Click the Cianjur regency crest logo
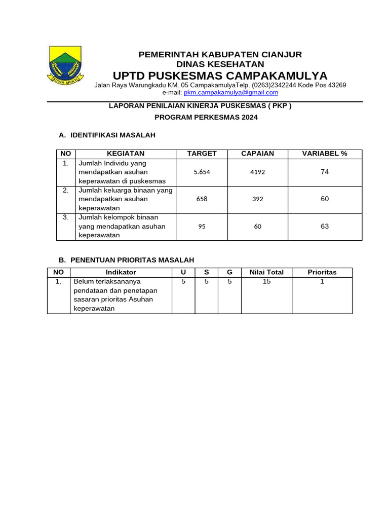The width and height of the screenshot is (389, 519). click(x=64, y=65)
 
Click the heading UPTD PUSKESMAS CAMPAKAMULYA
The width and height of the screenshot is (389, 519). click(x=220, y=76)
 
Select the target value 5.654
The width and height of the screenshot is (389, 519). click(x=202, y=172)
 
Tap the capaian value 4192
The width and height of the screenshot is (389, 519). click(x=257, y=172)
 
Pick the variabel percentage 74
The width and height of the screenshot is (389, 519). click(x=325, y=172)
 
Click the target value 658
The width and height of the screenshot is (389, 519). click(x=202, y=199)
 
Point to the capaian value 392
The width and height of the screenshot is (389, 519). click(x=257, y=199)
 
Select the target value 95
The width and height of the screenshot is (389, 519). click(x=202, y=227)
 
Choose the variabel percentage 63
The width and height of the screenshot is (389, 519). click(x=325, y=227)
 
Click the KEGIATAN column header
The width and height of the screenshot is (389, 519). click(x=126, y=154)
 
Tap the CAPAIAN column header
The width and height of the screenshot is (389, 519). click(x=257, y=154)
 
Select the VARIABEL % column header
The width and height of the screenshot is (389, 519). click(x=325, y=154)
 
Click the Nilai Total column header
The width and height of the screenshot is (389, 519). click(x=266, y=272)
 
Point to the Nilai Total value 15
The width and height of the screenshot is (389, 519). click(x=266, y=281)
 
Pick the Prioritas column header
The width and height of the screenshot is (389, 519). click(x=322, y=272)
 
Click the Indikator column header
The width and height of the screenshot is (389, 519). click(x=121, y=272)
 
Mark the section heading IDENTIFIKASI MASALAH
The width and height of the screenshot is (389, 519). click(x=112, y=135)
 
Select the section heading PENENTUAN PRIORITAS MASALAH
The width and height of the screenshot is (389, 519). click(x=132, y=260)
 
